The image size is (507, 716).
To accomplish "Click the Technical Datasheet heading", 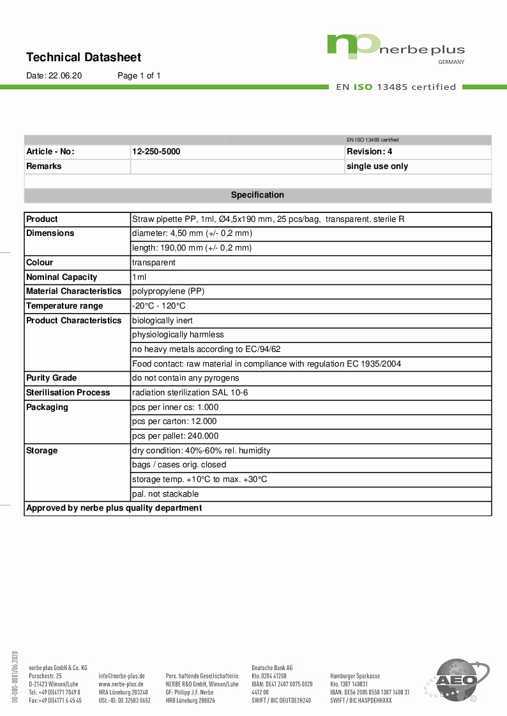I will (x=84, y=57).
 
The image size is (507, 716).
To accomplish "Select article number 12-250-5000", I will (x=156, y=152).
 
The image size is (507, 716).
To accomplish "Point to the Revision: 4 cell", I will (x=369, y=152).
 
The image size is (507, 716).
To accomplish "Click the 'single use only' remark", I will (x=377, y=166).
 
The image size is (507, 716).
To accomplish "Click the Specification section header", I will (x=257, y=195).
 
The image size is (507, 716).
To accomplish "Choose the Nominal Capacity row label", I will (x=61, y=277).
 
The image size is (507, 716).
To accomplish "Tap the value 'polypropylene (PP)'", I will (x=168, y=291).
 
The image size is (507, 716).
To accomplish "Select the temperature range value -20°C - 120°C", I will (x=158, y=306).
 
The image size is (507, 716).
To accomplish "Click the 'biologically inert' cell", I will (x=162, y=321).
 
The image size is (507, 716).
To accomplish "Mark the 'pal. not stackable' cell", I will (x=165, y=494).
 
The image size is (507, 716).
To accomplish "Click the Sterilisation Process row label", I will (x=68, y=393).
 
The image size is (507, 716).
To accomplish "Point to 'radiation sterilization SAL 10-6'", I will (x=190, y=393).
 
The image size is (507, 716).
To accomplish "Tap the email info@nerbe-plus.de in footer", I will (x=121, y=676).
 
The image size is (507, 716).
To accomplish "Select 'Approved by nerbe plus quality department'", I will (x=114, y=508).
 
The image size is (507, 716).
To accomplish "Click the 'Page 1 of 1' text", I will (x=139, y=76).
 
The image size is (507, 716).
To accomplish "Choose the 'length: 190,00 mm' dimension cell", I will (x=192, y=248).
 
